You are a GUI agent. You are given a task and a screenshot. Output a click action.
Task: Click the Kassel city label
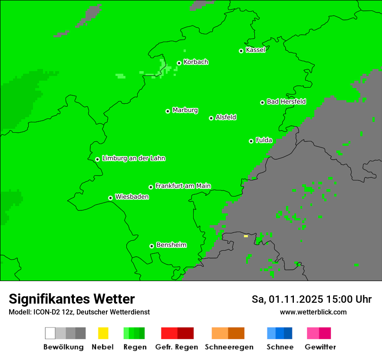click(x=255, y=50)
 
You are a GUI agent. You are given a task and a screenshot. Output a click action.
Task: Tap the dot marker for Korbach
click(x=179, y=63)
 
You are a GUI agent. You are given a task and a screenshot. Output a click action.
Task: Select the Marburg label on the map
click(x=185, y=110)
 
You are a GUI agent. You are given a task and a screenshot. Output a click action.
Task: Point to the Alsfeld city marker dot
click(x=211, y=118)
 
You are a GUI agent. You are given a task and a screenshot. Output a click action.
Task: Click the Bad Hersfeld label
click(x=286, y=102)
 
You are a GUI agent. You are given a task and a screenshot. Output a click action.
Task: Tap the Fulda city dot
click(x=251, y=141)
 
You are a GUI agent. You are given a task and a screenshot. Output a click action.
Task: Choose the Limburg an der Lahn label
click(x=133, y=158)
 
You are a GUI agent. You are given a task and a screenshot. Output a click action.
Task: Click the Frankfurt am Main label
click(x=183, y=186)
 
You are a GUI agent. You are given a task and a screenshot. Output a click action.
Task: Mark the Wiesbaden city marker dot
click(x=110, y=198)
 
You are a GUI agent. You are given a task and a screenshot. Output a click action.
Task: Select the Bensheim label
click(x=171, y=245)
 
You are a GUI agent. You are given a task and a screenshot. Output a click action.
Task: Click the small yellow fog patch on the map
click(x=246, y=236)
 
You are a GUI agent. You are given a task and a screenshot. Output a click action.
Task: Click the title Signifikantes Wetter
click(x=72, y=299)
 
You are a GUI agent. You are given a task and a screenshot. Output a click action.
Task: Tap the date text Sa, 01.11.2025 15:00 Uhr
click(x=311, y=299)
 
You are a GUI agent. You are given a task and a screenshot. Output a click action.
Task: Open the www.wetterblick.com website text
click(x=313, y=312)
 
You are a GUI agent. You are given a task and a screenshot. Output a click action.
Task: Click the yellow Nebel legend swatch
click(x=103, y=333)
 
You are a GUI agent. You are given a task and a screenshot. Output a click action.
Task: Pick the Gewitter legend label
click(x=320, y=347)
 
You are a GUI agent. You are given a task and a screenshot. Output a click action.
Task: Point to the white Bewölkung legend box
click(x=50, y=333)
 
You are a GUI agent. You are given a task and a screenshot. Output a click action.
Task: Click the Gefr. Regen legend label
click(x=177, y=347)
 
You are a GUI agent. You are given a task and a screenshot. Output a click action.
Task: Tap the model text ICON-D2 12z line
click(x=79, y=312)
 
